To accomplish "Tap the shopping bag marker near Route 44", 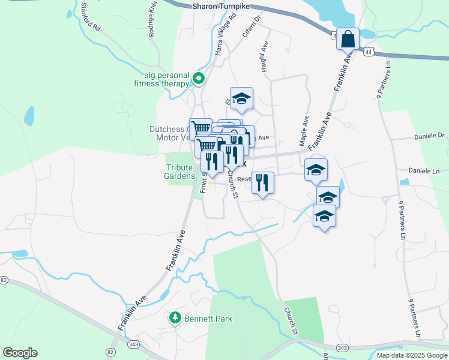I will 348,40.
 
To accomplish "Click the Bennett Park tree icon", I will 175,317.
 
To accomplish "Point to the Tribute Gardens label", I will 179,172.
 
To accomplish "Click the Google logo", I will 20,353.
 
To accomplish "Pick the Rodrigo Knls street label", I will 152,22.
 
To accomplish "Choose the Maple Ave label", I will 305,131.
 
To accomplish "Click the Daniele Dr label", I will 429,136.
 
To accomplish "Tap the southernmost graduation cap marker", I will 324,216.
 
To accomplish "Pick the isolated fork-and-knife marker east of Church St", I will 262,182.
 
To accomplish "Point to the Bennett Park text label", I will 208,319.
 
